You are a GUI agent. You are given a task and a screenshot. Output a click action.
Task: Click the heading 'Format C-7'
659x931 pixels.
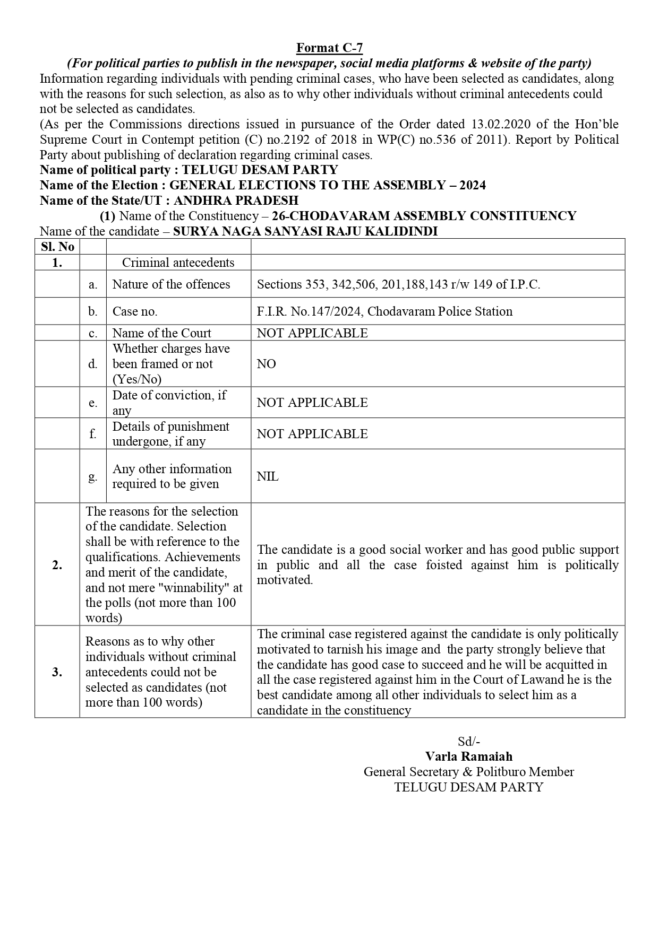(x=329, y=48)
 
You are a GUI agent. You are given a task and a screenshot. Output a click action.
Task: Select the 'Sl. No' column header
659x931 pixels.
(x=57, y=247)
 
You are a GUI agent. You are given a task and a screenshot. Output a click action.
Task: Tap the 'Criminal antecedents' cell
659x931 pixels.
(x=178, y=263)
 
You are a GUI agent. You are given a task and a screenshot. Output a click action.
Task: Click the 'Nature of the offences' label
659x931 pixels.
(x=171, y=284)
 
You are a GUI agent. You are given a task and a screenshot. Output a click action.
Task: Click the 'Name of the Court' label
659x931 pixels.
(x=161, y=333)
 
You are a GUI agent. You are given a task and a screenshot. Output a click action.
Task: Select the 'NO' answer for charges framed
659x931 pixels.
(x=267, y=364)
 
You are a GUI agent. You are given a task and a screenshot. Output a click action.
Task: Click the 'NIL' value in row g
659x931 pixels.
(x=268, y=476)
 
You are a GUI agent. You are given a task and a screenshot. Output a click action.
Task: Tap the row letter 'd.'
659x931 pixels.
(x=93, y=364)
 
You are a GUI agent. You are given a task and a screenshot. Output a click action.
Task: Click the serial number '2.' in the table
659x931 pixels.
(x=57, y=565)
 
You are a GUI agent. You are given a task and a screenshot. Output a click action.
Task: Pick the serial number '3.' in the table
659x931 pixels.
(x=57, y=672)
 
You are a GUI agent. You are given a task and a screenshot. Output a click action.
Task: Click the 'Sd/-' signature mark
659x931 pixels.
(x=469, y=742)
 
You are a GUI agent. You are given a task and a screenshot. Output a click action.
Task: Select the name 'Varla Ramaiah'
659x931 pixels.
(x=469, y=756)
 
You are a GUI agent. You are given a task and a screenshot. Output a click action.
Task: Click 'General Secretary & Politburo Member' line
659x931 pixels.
(x=469, y=772)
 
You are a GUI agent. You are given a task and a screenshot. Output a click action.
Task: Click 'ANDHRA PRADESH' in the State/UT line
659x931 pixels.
(x=236, y=201)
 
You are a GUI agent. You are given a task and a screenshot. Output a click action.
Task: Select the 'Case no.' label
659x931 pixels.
(x=135, y=311)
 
